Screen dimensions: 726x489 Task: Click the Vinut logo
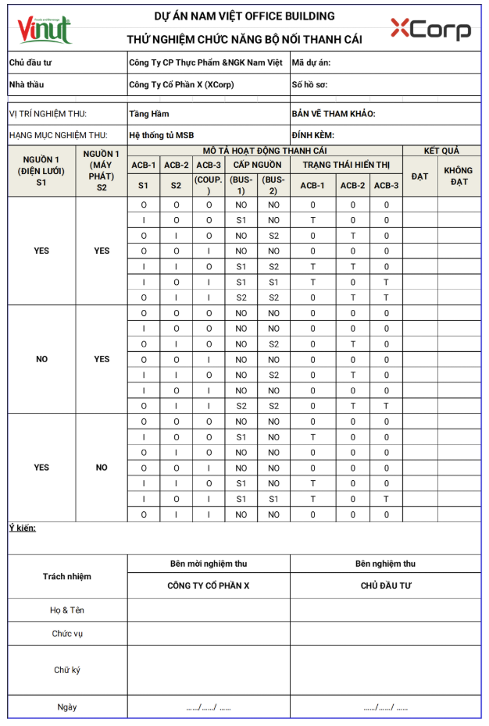coord(45,29)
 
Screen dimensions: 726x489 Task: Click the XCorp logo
coord(430,30)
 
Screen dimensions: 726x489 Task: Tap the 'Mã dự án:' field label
coord(311,62)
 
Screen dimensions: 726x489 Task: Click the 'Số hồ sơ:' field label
coord(311,84)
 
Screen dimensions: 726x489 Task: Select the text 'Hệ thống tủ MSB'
coord(162,135)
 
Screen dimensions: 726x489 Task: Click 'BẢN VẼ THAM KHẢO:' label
coord(333,114)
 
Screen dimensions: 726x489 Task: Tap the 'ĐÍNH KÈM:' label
coord(312,135)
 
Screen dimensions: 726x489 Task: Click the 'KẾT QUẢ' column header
coord(441,151)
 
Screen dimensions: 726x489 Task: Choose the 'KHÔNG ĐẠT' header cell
coord(459,176)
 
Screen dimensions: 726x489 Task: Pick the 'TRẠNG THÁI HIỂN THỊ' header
coord(345,165)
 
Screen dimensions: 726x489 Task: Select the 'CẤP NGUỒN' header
coord(258,165)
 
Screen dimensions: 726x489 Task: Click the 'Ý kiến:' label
coord(23,528)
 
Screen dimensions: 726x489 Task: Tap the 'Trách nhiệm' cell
coord(67,576)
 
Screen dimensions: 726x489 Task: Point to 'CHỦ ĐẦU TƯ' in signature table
coord(385,585)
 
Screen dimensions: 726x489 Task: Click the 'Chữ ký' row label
coord(67,670)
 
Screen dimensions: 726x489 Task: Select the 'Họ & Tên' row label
coord(67,610)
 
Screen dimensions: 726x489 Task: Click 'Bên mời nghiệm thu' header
coord(209,563)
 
